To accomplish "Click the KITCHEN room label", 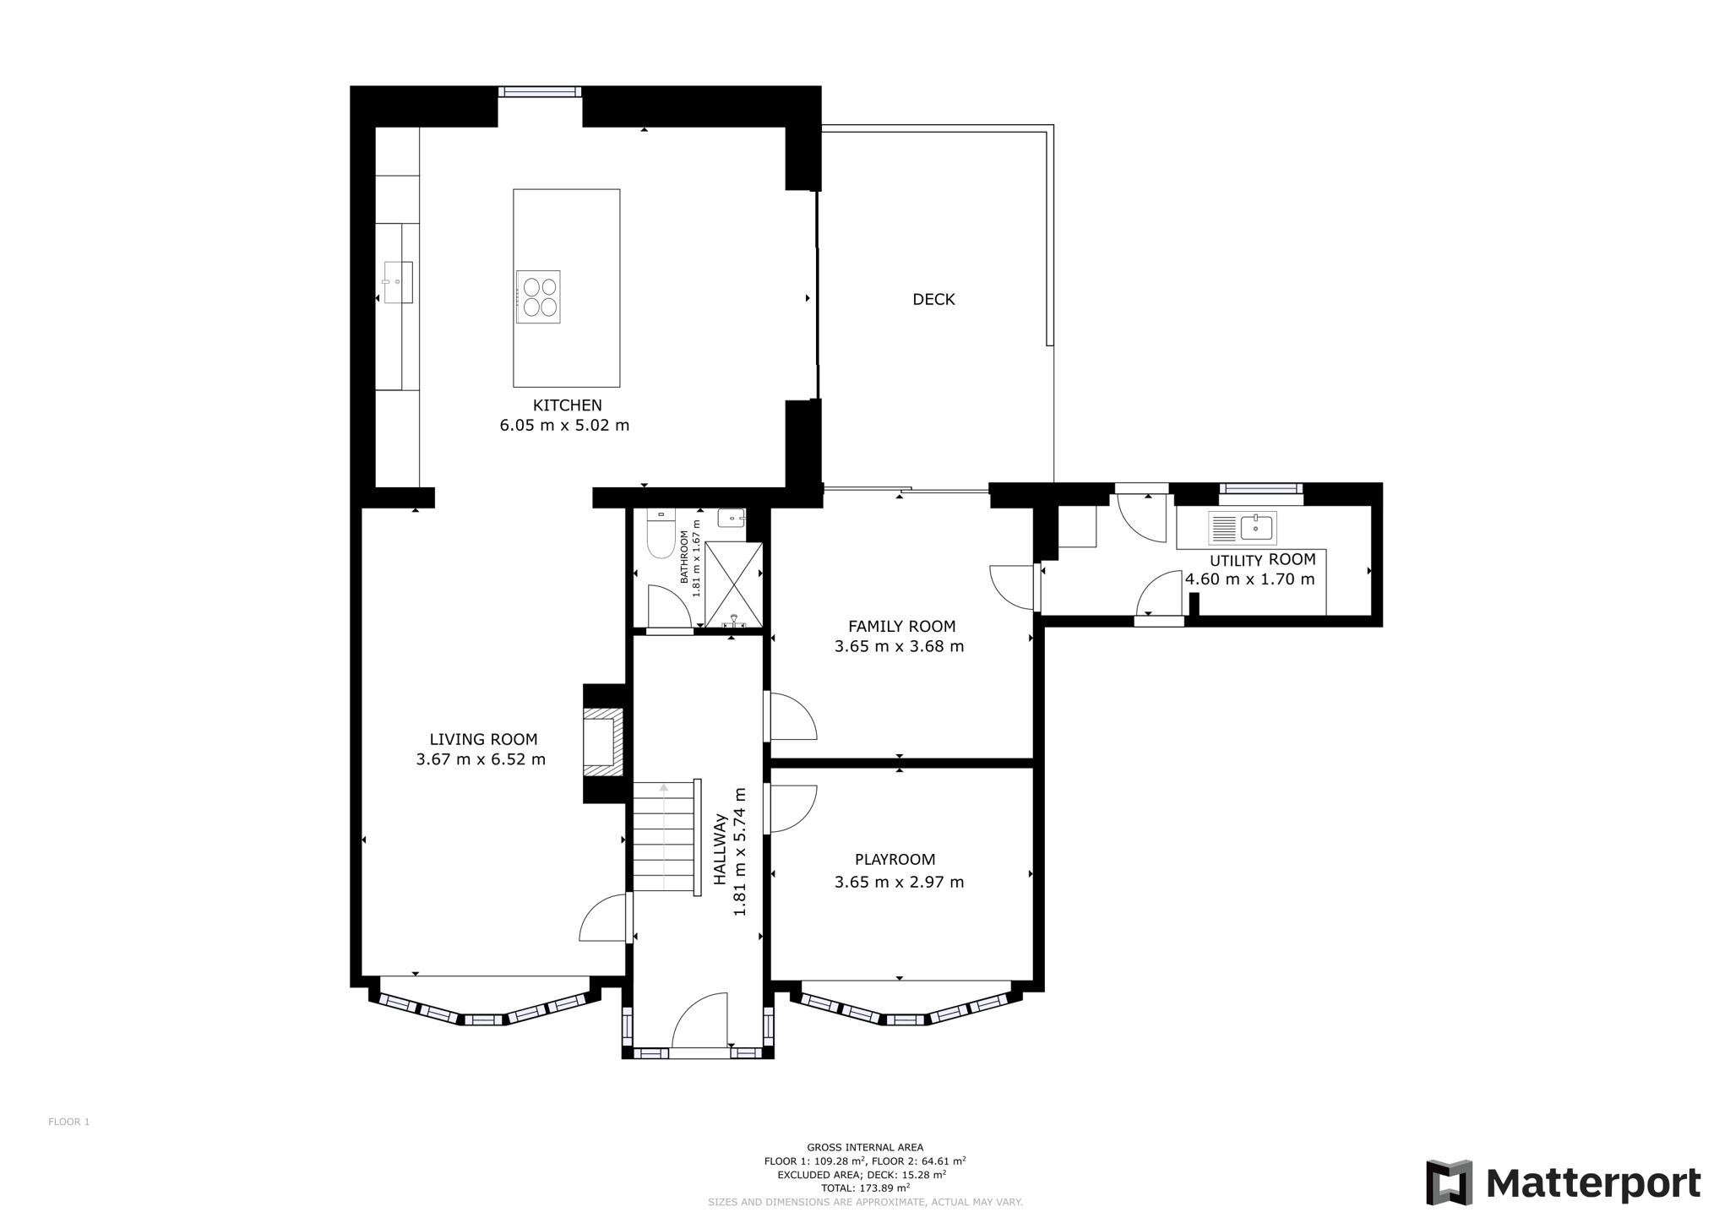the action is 567,405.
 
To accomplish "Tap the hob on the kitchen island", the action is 538,296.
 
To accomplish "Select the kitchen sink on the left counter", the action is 397,282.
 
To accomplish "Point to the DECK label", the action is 933,299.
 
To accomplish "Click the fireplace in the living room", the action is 603,742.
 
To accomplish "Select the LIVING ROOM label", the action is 483,739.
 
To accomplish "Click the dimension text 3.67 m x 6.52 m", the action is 481,759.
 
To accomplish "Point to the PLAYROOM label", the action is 895,860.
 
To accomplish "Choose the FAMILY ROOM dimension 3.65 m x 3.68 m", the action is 899,646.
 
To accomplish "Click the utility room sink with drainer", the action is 1242,528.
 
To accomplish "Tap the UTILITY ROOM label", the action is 1263,560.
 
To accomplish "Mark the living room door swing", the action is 603,918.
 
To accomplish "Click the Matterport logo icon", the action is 1450,1182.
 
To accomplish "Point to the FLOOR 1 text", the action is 68,1122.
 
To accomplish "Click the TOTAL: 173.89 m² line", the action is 865,1188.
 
